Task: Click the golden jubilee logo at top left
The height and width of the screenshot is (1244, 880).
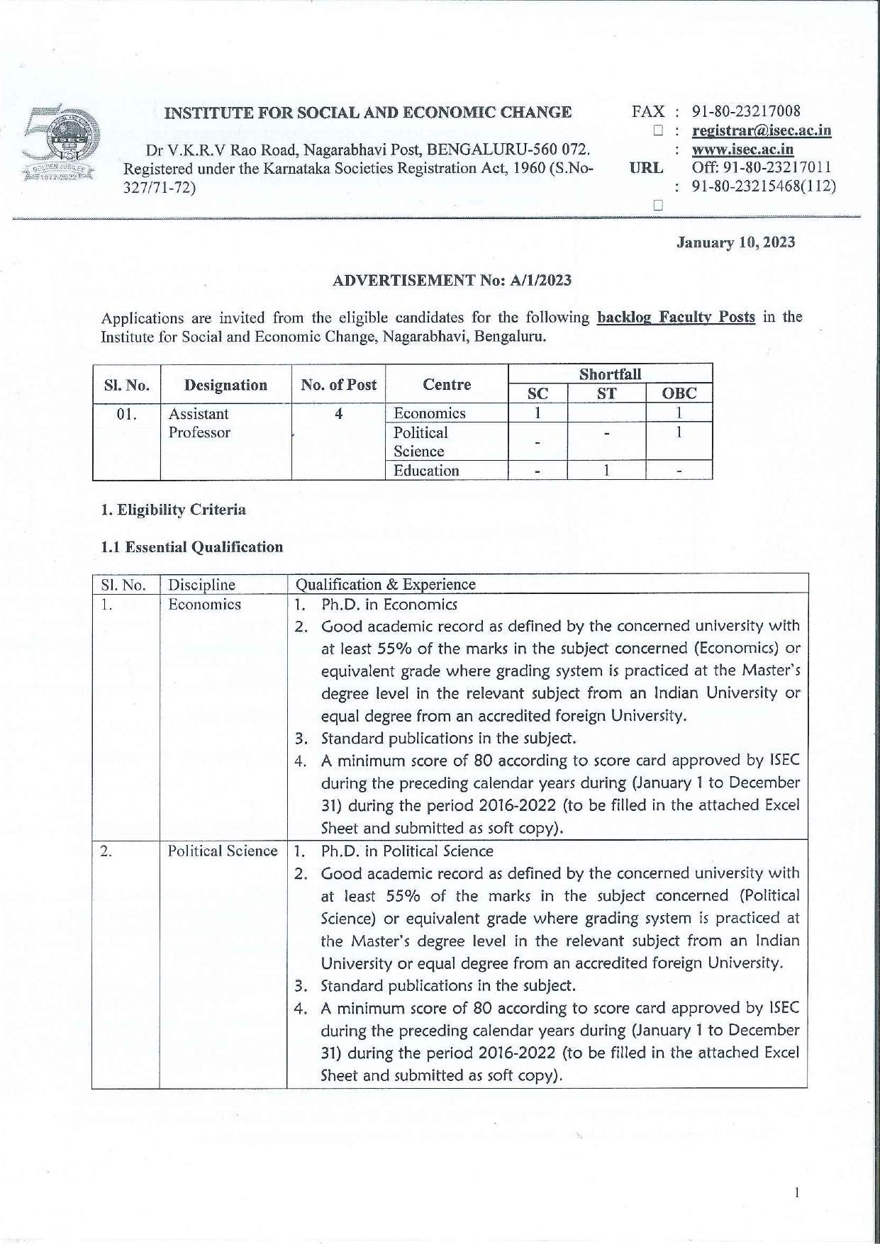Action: click(x=60, y=145)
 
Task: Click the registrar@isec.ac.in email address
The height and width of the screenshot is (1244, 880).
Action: click(x=761, y=130)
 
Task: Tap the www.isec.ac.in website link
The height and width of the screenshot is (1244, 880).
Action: click(x=742, y=150)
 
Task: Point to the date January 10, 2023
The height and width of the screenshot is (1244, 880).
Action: click(x=735, y=242)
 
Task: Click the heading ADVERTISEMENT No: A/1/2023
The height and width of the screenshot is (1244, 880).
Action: click(x=452, y=280)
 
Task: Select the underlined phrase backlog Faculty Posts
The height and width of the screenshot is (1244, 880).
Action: click(x=676, y=317)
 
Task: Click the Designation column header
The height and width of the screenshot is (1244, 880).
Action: click(x=225, y=385)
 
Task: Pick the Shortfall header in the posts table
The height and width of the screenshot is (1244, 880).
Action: click(x=610, y=374)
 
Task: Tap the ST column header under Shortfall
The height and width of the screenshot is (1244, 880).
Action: click(x=606, y=394)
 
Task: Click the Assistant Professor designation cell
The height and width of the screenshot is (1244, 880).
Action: click(x=199, y=422)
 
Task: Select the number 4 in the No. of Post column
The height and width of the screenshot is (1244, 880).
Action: click(x=339, y=413)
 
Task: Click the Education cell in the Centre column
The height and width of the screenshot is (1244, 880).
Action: click(x=426, y=471)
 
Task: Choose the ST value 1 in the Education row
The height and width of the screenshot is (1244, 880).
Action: click(x=606, y=470)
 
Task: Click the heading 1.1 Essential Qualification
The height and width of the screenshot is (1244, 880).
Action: click(x=191, y=547)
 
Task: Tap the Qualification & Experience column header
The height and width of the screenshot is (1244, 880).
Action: click(x=385, y=584)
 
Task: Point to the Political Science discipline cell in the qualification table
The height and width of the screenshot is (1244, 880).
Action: click(x=222, y=851)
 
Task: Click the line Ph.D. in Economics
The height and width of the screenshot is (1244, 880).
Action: click(x=389, y=605)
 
